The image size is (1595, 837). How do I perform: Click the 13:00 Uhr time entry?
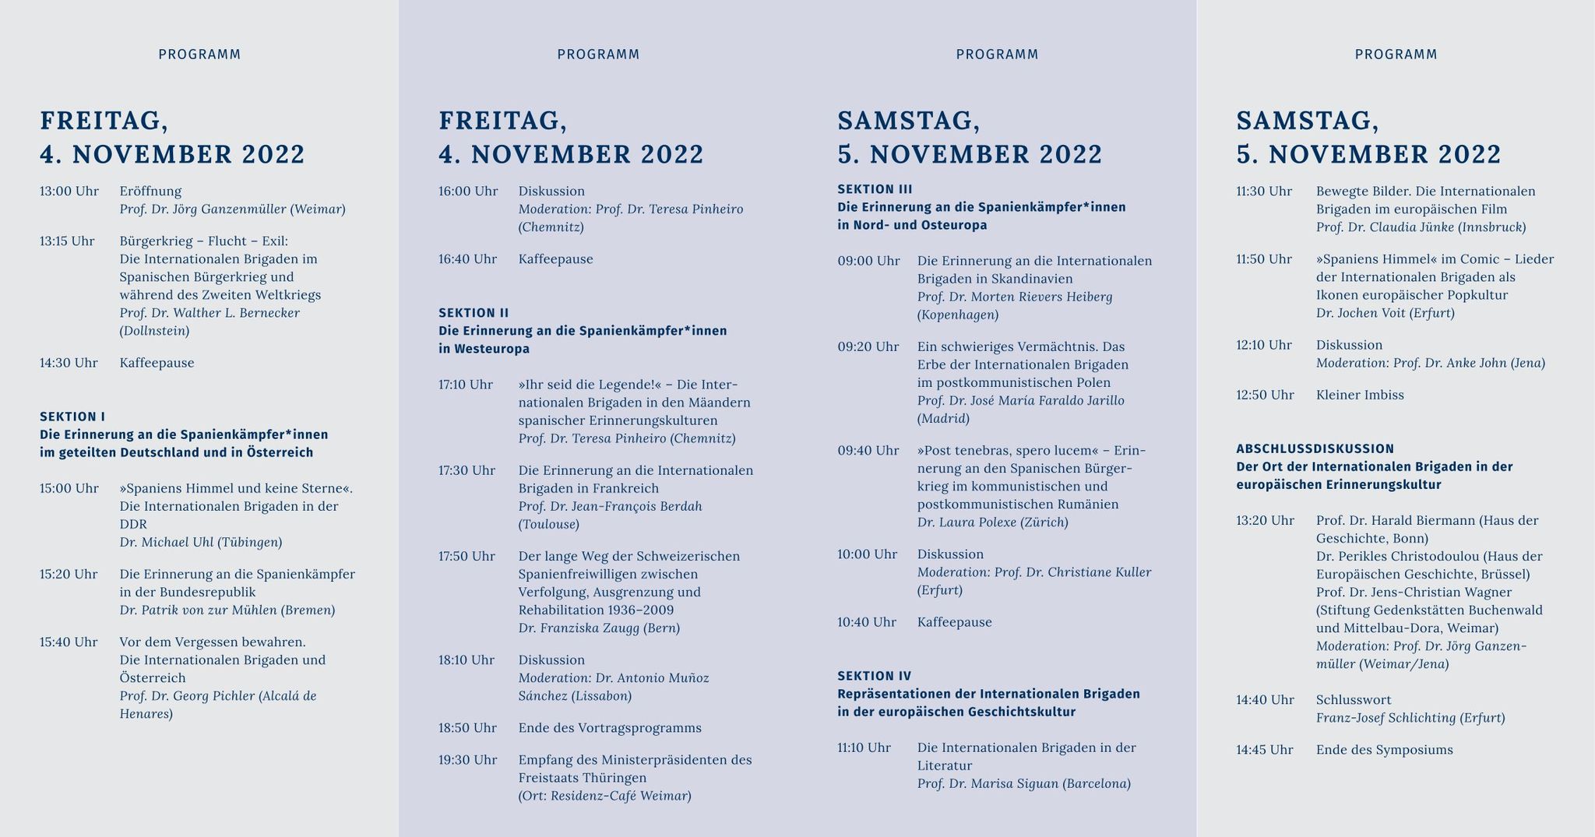(69, 192)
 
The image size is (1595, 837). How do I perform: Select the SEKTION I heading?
(72, 417)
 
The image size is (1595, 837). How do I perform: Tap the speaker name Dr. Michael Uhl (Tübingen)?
(201, 543)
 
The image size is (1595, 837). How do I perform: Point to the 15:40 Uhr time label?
(69, 642)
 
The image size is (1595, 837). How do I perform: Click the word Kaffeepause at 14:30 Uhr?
(157, 363)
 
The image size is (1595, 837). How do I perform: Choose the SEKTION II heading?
(474, 313)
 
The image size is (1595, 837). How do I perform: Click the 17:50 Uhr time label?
(467, 557)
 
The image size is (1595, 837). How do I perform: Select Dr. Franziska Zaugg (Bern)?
(599, 628)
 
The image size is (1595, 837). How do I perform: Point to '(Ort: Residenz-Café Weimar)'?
(604, 796)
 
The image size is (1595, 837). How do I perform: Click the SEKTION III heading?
(875, 189)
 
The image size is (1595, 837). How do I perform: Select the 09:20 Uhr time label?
(868, 346)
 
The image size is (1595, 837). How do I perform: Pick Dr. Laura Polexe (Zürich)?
(992, 522)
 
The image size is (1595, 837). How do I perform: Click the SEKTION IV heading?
(874, 676)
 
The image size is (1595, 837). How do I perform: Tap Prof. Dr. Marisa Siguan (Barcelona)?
(1023, 784)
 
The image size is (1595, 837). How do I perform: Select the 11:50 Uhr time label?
(1264, 259)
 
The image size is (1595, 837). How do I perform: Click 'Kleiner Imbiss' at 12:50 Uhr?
(1360, 395)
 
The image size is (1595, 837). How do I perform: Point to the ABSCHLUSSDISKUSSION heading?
(1315, 448)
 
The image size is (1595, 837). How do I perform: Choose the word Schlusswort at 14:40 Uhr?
(1354, 700)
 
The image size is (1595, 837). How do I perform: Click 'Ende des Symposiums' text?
(1384, 750)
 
